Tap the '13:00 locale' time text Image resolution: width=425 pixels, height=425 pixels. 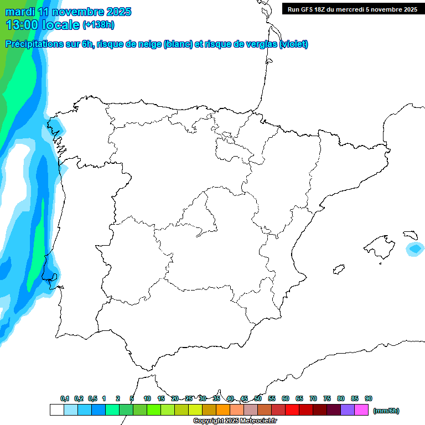pos(43,24)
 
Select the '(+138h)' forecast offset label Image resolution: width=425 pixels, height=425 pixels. pos(98,24)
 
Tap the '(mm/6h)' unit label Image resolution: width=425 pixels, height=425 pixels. pos(386,411)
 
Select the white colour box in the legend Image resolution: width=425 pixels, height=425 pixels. pos(56,410)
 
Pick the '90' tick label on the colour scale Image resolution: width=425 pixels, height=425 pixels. pos(369,398)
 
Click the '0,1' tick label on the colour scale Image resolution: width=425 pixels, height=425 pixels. pos(65,398)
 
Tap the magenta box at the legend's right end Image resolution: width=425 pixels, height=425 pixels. pos(361,410)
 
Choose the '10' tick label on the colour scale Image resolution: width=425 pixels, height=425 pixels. pos(147,398)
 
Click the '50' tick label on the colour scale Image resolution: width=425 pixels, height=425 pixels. pos(258,398)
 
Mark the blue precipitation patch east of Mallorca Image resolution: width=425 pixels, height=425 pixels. pos(414,249)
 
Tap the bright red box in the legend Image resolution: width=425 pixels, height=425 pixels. pos(292,410)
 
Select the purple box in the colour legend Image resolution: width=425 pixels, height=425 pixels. pos(348,410)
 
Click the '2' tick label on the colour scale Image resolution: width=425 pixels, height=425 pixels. pos(118,398)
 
